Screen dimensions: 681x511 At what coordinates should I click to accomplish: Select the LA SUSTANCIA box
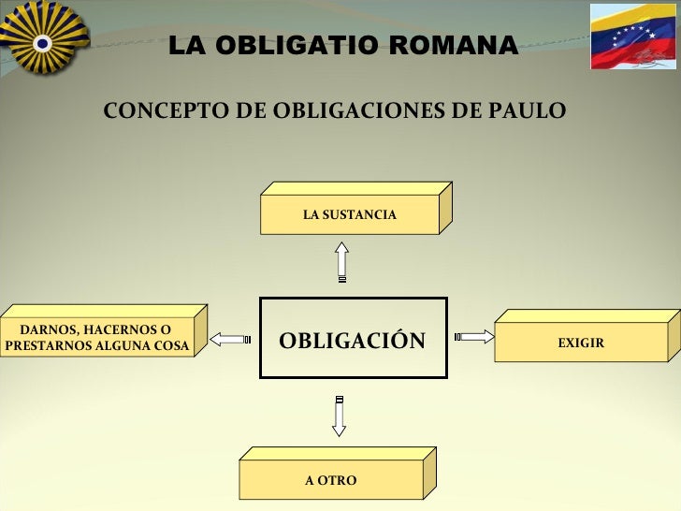(350, 215)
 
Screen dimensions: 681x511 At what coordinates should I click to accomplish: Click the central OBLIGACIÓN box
(353, 339)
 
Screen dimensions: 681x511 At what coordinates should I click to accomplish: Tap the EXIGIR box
(581, 343)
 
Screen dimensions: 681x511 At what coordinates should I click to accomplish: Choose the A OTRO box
(331, 480)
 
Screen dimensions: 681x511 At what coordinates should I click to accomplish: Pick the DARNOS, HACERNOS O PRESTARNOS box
(97, 339)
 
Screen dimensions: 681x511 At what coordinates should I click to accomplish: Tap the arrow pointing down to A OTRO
(340, 416)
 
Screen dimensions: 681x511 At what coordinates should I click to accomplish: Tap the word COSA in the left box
(173, 347)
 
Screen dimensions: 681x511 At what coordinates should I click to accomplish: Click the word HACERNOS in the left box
(115, 330)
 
